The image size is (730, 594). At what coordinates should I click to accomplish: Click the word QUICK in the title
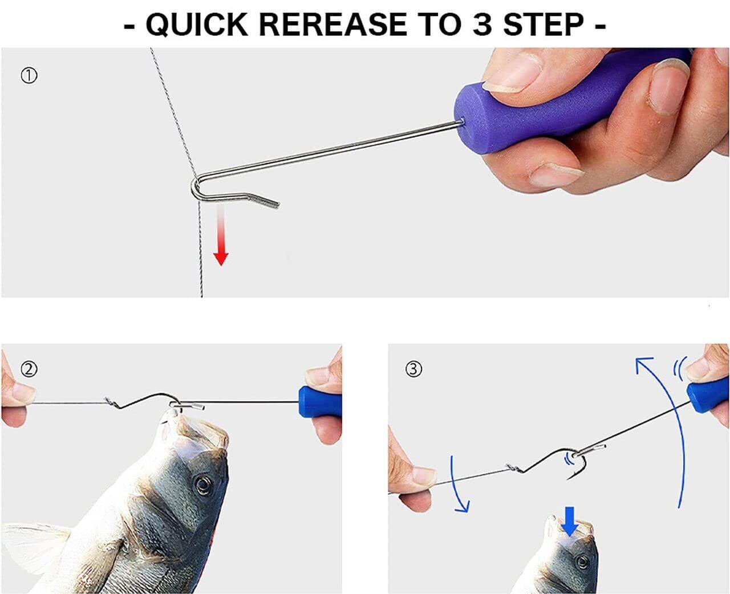click(x=197, y=25)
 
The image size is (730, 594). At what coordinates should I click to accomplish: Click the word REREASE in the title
click(x=332, y=25)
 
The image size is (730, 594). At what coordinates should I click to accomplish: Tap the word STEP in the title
click(x=544, y=25)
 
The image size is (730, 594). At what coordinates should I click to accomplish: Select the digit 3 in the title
click(x=482, y=25)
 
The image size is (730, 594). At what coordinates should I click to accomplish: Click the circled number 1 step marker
click(x=29, y=76)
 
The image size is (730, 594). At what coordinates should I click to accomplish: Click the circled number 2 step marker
click(x=29, y=369)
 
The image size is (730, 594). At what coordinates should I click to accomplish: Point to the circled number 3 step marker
click(x=413, y=369)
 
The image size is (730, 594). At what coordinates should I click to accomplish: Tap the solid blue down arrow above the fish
click(x=570, y=522)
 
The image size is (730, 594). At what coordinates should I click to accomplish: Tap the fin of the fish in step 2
click(x=38, y=544)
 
